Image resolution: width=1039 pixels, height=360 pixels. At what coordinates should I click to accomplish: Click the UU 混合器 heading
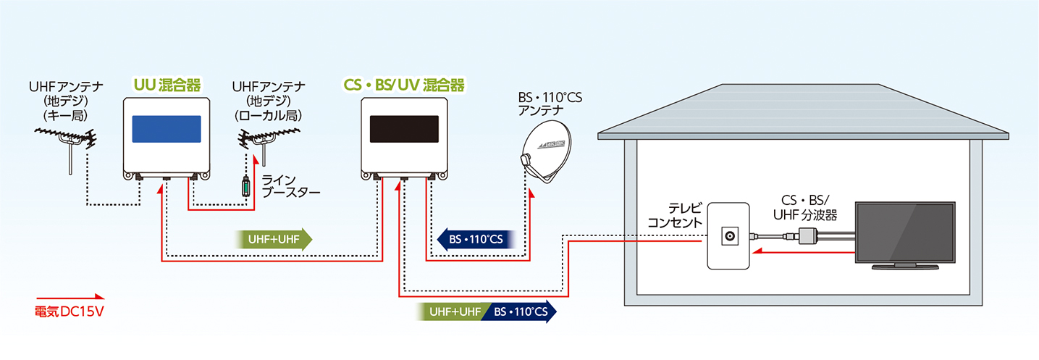pyautogui.click(x=167, y=85)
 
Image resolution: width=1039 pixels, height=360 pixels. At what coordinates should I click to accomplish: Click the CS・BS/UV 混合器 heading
pyautogui.click(x=403, y=85)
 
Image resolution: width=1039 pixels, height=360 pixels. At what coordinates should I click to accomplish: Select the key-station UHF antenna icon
pyautogui.click(x=69, y=141)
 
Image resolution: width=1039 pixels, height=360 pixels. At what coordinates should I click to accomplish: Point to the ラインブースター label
pyautogui.click(x=289, y=187)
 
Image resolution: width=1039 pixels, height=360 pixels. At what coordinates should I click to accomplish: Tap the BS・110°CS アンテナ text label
pyautogui.click(x=549, y=103)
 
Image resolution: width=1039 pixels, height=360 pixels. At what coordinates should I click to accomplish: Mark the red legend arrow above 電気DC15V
pyautogui.click(x=70, y=297)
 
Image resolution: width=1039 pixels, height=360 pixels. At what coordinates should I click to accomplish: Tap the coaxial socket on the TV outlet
pyautogui.click(x=726, y=236)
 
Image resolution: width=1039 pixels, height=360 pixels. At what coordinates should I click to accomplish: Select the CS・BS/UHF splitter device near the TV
pyautogui.click(x=807, y=235)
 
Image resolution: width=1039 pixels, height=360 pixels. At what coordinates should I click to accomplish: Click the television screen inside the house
pyautogui.click(x=904, y=233)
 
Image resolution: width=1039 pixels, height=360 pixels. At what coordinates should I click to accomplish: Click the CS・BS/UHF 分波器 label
pyautogui.click(x=804, y=206)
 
